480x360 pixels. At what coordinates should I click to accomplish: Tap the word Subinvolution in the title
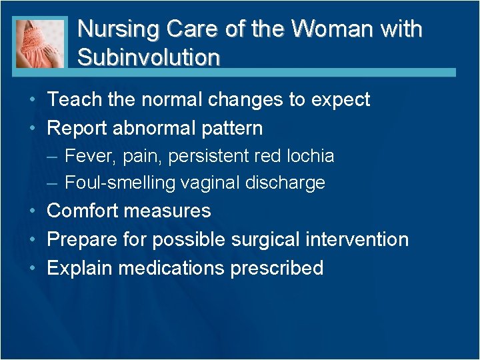point(148,57)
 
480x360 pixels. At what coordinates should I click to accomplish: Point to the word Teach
point(74,100)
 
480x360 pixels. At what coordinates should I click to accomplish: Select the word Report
point(80,128)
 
